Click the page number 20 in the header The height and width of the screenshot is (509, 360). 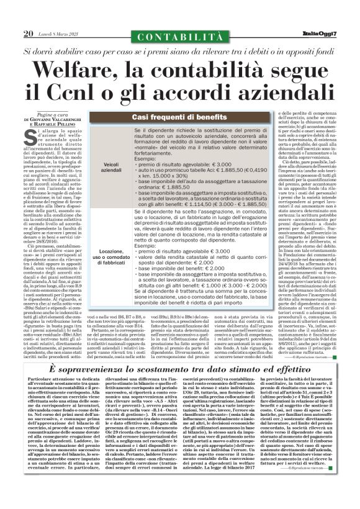point(28,33)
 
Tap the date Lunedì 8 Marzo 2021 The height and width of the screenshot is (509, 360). point(56,34)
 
